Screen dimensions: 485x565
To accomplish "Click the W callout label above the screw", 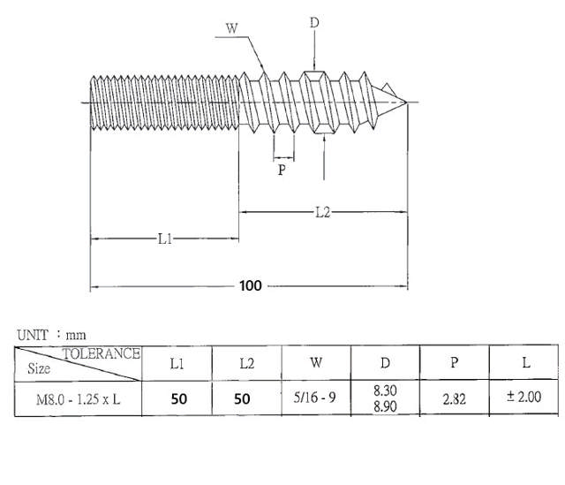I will coord(232,27).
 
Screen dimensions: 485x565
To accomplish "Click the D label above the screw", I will coord(314,22).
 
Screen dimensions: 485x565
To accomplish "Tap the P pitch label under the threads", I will coord(282,170).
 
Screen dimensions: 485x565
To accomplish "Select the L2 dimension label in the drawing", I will coord(323,212).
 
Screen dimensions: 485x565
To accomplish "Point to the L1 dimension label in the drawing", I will coord(165,239).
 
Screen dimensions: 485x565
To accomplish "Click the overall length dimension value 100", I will coord(251,286).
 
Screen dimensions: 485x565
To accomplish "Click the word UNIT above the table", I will coord(33,336).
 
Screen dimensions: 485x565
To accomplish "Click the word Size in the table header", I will coord(39,368).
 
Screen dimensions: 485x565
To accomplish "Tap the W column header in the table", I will coord(315,363).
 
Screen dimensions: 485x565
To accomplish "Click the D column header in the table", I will coord(386,363).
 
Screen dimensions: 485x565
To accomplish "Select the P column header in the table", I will coord(455,363).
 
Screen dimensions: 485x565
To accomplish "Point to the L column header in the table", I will coord(526,363).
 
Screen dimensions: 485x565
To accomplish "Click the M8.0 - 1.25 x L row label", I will coord(78,398).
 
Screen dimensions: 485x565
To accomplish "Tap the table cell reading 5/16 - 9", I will coord(315,398).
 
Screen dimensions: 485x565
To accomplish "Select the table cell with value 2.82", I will coord(455,398).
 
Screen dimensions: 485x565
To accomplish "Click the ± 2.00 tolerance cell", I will coord(525,398).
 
